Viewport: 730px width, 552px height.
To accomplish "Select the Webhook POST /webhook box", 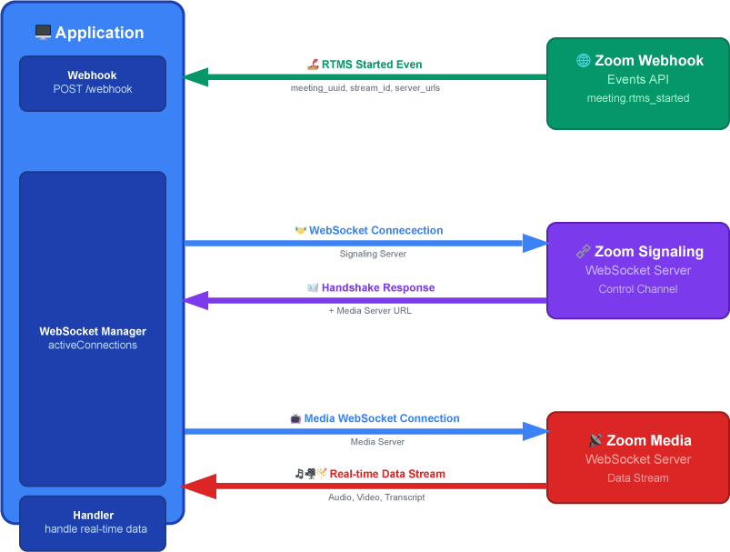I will point(93,83).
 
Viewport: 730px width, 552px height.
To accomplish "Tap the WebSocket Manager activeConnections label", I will point(93,338).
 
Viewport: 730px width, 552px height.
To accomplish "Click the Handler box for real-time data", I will point(93,522).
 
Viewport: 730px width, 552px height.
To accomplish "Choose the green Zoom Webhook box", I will point(637,83).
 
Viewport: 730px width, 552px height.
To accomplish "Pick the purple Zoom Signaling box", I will point(637,270).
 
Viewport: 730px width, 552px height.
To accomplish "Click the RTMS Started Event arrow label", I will point(365,65).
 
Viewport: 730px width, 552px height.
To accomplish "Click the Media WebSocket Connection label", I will point(374,418).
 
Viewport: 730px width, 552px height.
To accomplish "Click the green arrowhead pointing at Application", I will point(196,77).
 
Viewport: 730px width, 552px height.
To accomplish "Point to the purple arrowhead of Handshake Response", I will point(196,299).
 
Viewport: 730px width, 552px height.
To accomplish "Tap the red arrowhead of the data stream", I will point(196,487).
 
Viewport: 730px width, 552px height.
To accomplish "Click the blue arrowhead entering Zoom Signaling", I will point(535,243).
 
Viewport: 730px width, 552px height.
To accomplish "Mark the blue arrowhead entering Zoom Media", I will point(535,430).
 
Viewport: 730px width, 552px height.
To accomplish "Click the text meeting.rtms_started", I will point(637,98).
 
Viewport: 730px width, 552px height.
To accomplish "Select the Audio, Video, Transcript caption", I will point(376,497).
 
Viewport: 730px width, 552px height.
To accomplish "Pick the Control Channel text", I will point(637,289).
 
